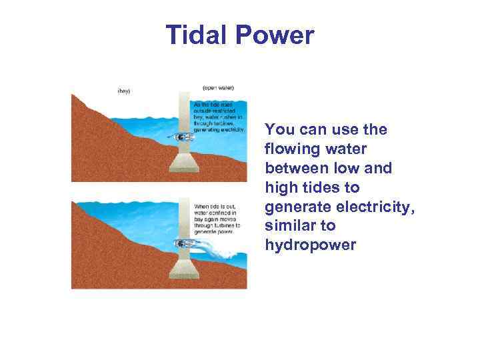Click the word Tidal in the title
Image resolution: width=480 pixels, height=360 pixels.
[199, 35]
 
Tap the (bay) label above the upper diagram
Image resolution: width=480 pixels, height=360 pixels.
[124, 91]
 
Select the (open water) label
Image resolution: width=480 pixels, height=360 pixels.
[218, 88]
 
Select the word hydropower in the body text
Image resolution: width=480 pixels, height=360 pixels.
[311, 245]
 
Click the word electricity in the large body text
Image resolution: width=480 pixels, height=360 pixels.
[376, 207]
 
